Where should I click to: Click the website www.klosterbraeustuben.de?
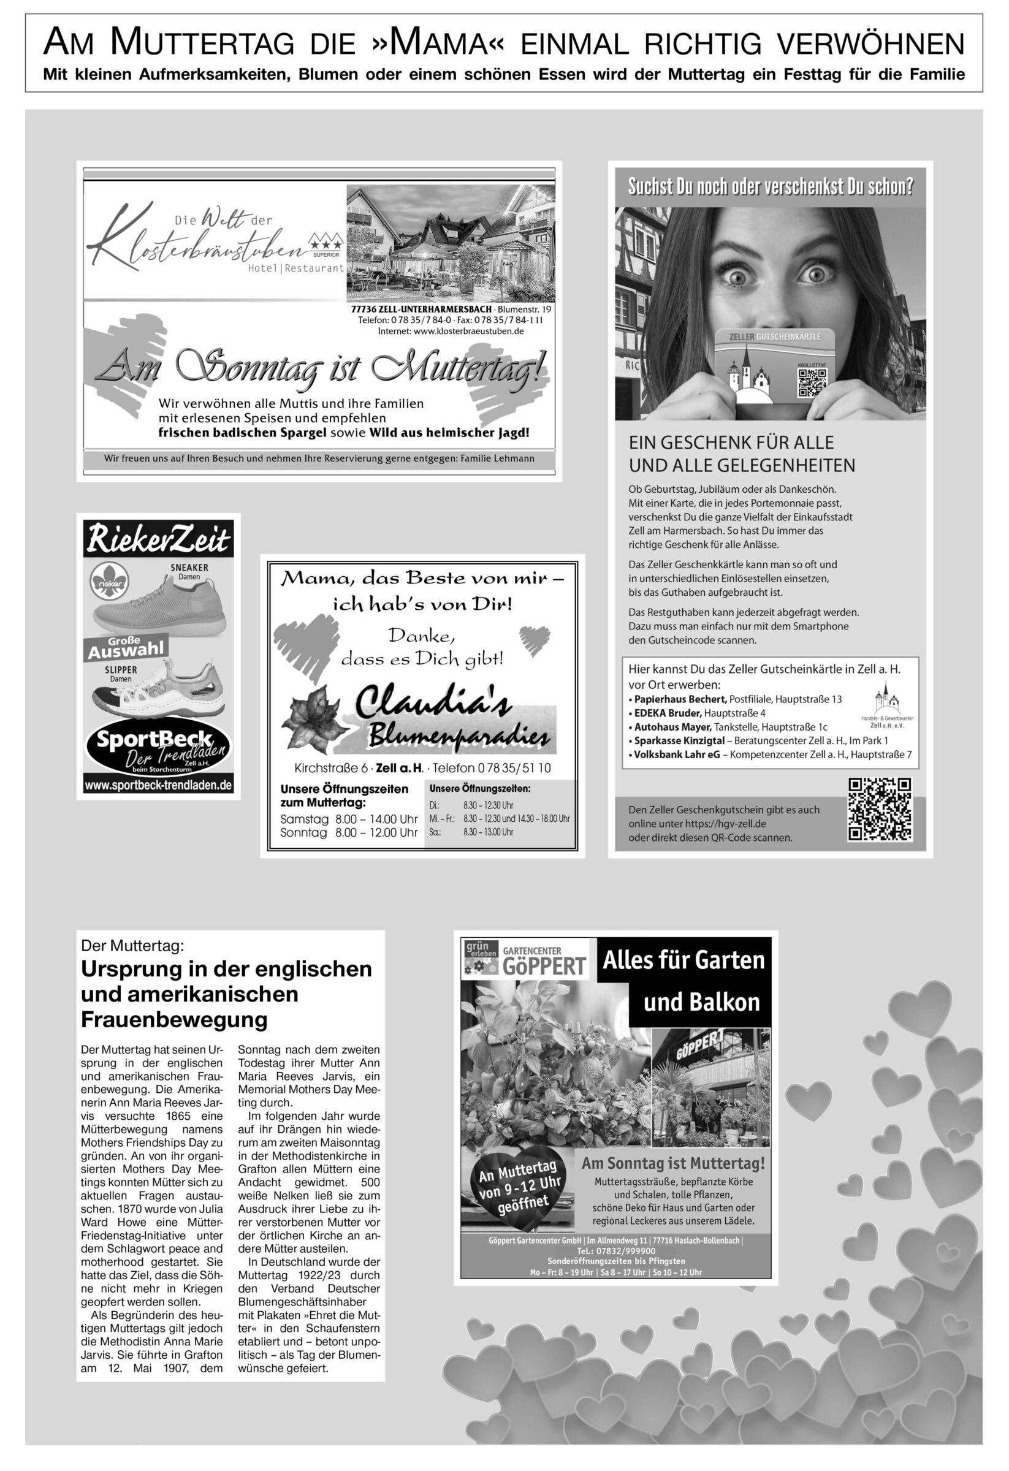click(451, 331)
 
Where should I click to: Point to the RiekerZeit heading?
click(158, 540)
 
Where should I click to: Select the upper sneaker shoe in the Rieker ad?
click(158, 607)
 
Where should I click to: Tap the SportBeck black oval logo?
click(158, 748)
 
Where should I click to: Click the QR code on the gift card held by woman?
click(812, 382)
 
